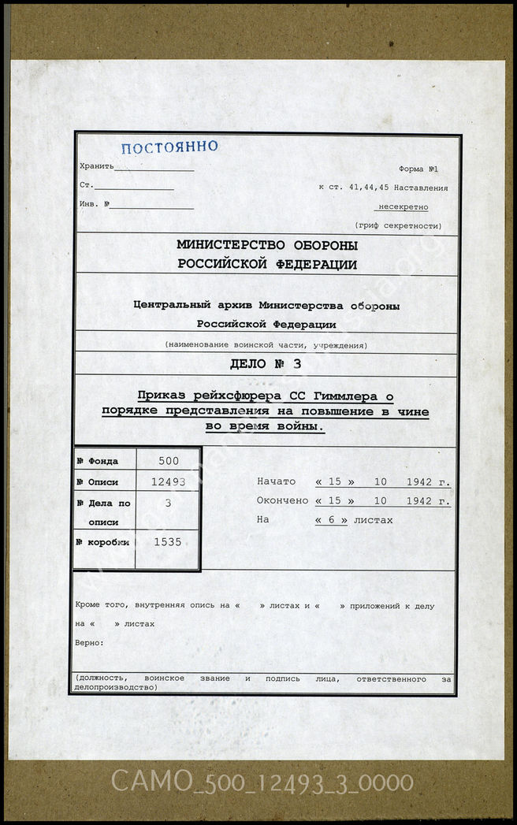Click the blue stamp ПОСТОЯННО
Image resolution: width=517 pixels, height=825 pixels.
point(169,147)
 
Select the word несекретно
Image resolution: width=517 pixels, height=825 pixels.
point(404,207)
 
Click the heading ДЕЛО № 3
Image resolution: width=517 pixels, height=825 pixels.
point(266,364)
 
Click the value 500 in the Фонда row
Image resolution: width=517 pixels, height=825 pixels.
point(168,461)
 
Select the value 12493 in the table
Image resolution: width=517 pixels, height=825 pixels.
point(168,481)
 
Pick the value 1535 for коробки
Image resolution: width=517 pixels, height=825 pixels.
point(168,542)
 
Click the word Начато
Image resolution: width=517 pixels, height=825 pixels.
point(276,481)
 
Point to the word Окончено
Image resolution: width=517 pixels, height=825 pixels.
point(281,500)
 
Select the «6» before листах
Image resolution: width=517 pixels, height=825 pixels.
point(331,520)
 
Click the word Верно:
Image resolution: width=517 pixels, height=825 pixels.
point(89,643)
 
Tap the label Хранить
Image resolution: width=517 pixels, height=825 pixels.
point(96,166)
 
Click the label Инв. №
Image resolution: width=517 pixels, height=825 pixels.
point(95,204)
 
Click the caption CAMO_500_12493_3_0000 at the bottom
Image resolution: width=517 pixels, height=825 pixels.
point(262,782)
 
